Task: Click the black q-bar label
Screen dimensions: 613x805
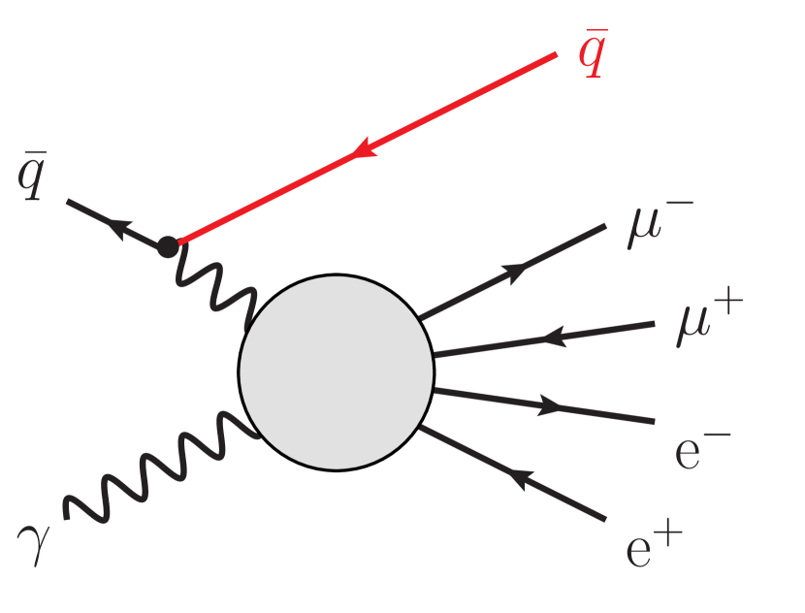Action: click(33, 180)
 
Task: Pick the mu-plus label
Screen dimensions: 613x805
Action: click(704, 324)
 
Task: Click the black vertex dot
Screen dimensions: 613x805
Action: click(168, 246)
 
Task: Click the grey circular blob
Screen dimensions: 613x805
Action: click(336, 371)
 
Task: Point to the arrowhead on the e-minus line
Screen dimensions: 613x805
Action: click(550, 406)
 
